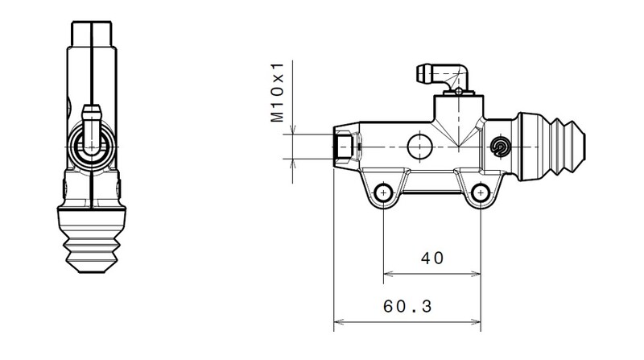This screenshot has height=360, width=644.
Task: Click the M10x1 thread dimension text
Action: point(278,93)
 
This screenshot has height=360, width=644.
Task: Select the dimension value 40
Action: point(432,259)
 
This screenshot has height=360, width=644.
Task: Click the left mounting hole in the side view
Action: point(383,192)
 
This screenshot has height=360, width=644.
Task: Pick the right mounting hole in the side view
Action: point(481,192)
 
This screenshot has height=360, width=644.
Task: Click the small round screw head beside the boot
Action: point(500,146)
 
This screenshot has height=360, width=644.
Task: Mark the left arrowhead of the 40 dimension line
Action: point(387,274)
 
